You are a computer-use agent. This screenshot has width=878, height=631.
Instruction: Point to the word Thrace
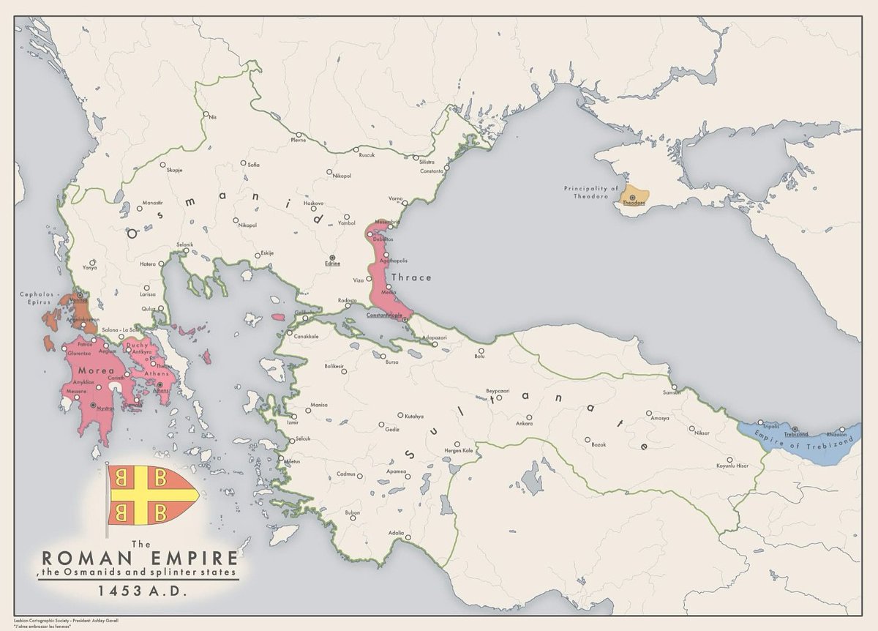point(411,277)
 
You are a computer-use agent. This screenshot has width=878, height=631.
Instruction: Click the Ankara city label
point(524,424)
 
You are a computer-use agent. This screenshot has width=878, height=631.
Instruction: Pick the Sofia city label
point(253,165)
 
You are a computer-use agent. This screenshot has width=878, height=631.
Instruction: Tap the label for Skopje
point(174,170)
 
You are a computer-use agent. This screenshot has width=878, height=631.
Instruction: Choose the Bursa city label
point(392,362)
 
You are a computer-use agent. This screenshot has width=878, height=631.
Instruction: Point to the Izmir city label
point(293,422)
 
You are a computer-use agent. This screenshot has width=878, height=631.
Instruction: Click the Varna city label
point(396,199)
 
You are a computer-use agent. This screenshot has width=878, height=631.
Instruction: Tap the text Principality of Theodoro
point(591,193)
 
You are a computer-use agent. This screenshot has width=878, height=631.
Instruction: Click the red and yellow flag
point(153,497)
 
